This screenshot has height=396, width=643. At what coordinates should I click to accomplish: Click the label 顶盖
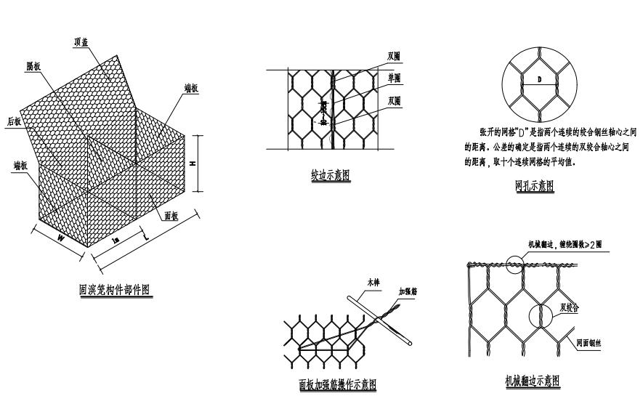pos(81,41)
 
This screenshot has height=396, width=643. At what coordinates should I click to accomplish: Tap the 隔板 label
pos(33,65)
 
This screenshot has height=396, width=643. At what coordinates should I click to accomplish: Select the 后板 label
pos(14,122)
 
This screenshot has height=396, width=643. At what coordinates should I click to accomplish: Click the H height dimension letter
pos(192,163)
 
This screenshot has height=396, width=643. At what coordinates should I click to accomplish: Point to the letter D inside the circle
pos(539,78)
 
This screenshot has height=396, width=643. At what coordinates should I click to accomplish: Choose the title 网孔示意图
pos(534,186)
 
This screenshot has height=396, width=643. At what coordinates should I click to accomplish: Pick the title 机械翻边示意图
pos(533,381)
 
